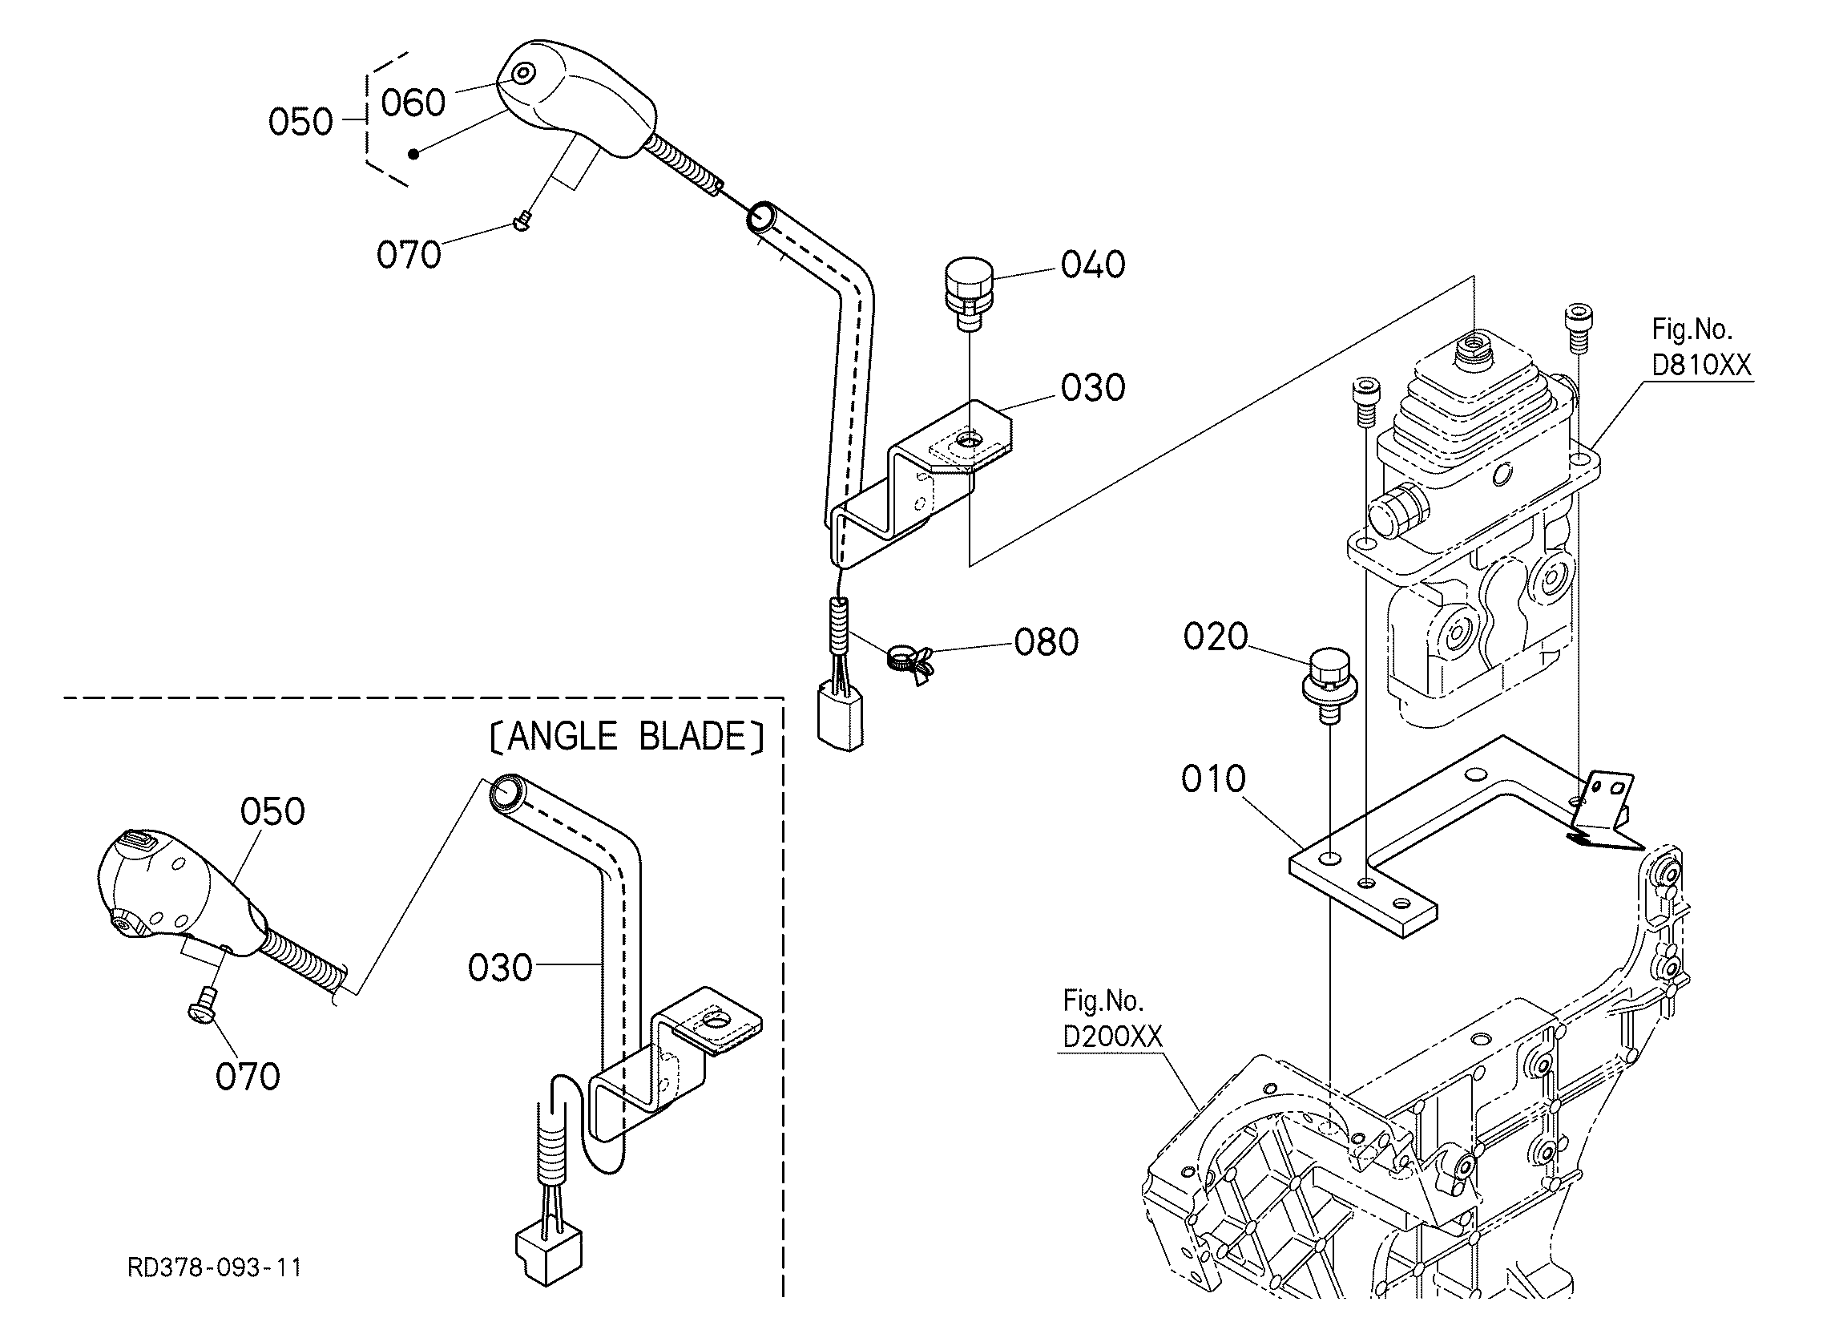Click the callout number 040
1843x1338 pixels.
[x=1092, y=265]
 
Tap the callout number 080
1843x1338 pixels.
[x=1046, y=643]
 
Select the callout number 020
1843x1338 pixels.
[x=1215, y=637]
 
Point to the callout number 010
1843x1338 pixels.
[x=1213, y=778]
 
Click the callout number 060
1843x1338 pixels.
[x=413, y=103]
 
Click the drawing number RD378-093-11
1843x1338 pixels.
[x=215, y=1267]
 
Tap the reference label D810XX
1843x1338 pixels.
[x=1701, y=365]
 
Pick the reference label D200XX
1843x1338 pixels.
[x=1112, y=1037]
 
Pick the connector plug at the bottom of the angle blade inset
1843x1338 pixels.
[x=550, y=1254]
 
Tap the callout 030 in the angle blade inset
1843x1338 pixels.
[x=500, y=968]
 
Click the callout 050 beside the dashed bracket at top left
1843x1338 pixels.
[x=300, y=123]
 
